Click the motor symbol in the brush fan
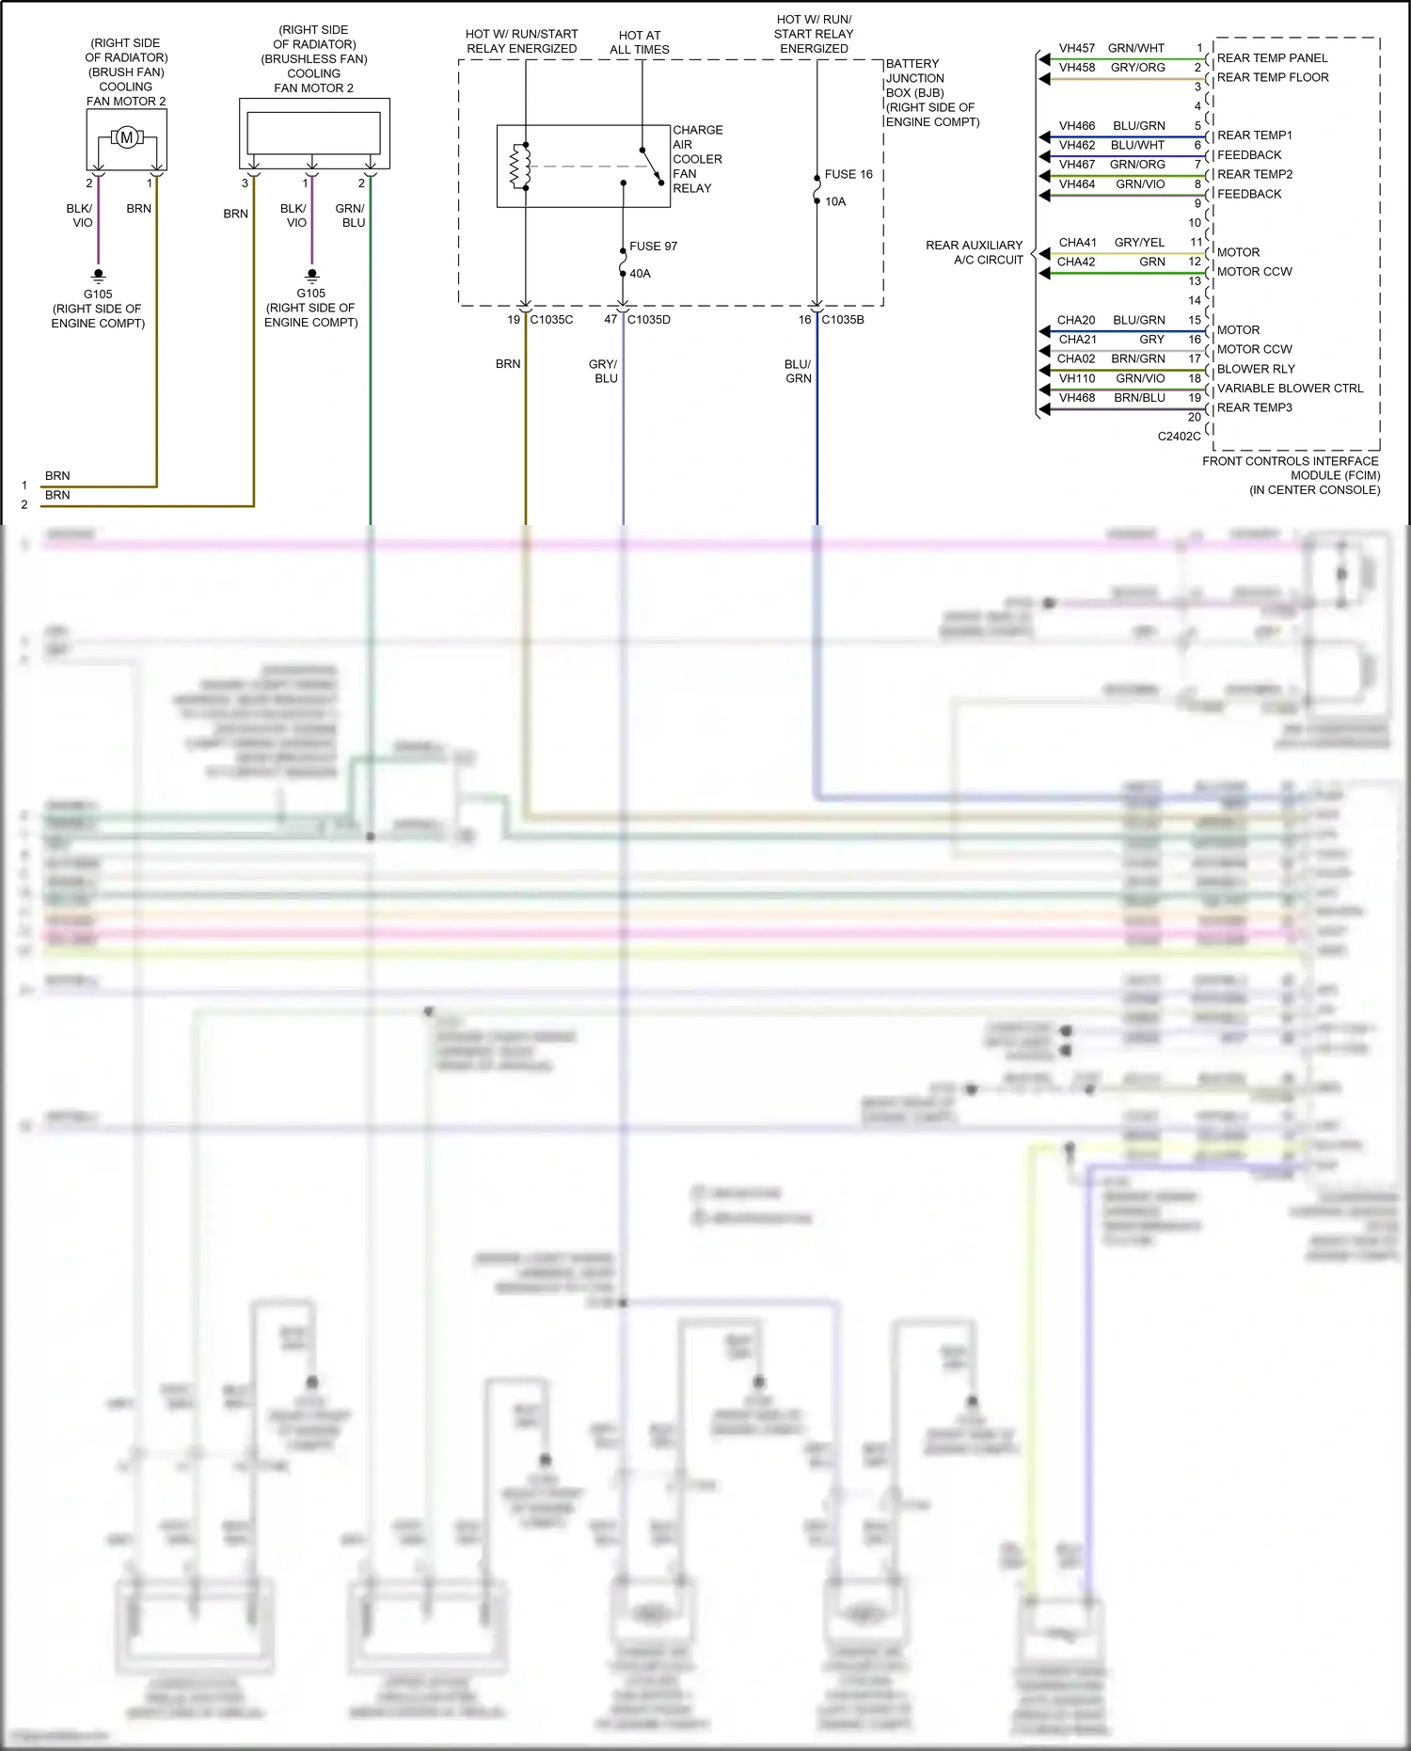pos(127,138)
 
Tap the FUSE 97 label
pos(653,247)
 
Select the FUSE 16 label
pos(848,174)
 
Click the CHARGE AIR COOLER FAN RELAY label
pos(697,159)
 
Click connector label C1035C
pos(551,320)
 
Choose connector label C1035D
pos(649,320)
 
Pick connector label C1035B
pos(843,320)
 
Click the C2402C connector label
pos(1179,437)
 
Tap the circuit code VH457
pos(1077,48)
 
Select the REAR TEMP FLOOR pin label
pos(1273,77)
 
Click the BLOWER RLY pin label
pos(1256,369)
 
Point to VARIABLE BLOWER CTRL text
pos(1290,389)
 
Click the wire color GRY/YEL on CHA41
pos(1139,243)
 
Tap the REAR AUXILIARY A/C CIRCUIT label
pos(975,252)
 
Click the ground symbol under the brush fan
pos(98,276)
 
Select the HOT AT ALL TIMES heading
pos(640,42)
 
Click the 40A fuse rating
pos(640,274)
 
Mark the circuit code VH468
pos(1077,398)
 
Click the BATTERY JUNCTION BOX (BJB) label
pos(931,92)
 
